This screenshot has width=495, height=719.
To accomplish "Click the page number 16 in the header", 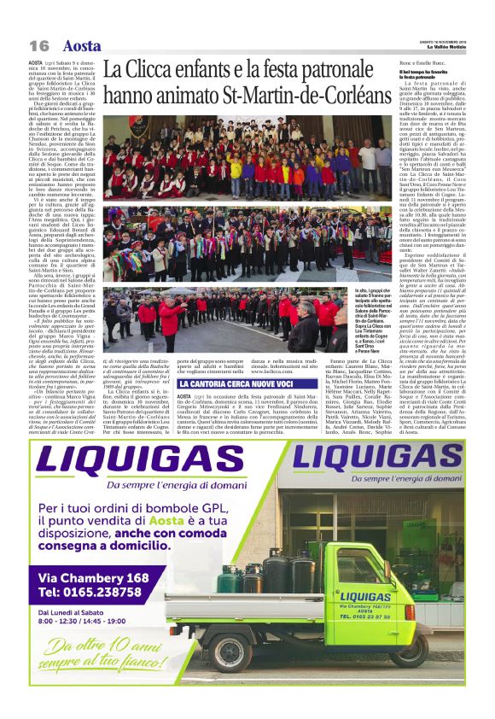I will (38, 46).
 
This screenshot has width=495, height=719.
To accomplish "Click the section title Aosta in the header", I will (81, 46).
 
